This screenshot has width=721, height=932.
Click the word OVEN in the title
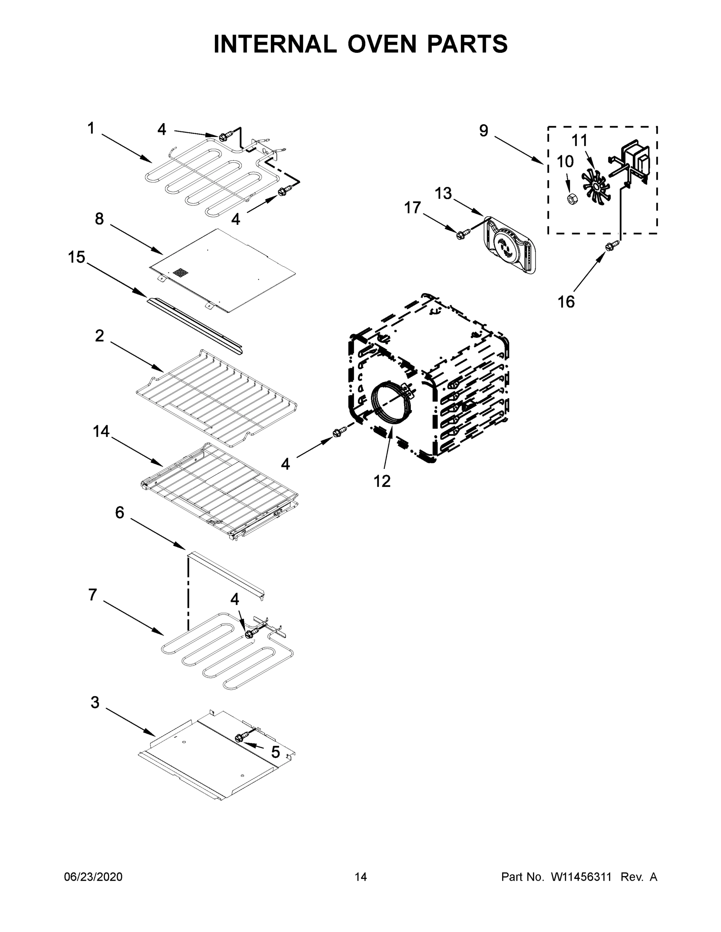(381, 44)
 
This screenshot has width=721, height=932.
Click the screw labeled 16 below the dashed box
(611, 245)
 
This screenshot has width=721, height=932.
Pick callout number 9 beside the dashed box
(483, 130)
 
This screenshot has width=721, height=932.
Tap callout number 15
(77, 257)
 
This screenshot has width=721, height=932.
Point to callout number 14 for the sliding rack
(101, 431)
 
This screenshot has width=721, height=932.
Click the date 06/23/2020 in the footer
(93, 877)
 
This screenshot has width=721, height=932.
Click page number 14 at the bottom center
(361, 877)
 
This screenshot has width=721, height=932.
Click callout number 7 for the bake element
(93, 595)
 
